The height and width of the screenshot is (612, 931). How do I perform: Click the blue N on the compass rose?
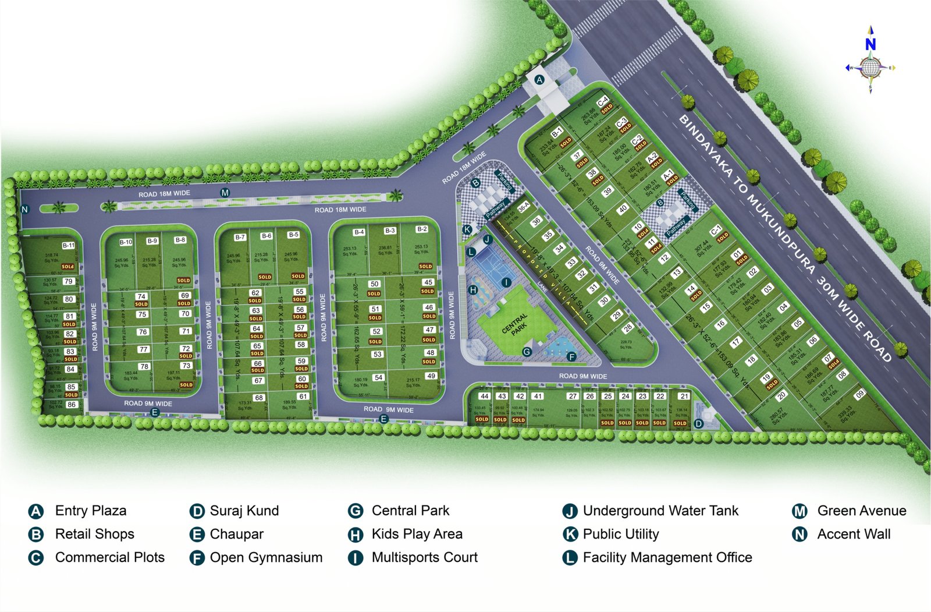coord(870,44)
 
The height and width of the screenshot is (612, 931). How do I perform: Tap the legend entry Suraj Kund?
coord(244,511)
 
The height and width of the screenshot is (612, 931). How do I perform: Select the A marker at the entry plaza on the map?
coord(539,79)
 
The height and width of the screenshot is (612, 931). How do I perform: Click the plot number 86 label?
coord(72,404)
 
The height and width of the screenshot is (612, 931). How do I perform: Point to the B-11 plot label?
coord(69,245)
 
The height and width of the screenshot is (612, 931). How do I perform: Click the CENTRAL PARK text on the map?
coord(515,324)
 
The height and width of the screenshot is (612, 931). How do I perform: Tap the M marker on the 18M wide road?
coord(225,193)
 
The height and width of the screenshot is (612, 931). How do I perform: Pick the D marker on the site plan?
coord(699,423)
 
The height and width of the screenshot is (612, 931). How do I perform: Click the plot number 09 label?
coord(859,394)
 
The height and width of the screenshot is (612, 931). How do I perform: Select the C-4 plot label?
coord(603,101)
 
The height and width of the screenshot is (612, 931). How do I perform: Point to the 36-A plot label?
coord(524,207)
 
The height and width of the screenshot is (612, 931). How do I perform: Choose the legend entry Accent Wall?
coord(854,534)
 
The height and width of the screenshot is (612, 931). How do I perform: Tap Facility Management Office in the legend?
coord(667,557)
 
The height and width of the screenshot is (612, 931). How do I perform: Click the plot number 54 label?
coord(379,377)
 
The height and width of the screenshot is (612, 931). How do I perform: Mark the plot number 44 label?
coord(484,396)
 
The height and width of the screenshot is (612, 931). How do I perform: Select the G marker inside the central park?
coord(527,352)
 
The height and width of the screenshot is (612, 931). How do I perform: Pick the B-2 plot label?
coord(422,229)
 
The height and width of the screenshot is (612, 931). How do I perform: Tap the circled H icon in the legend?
coord(355,535)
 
